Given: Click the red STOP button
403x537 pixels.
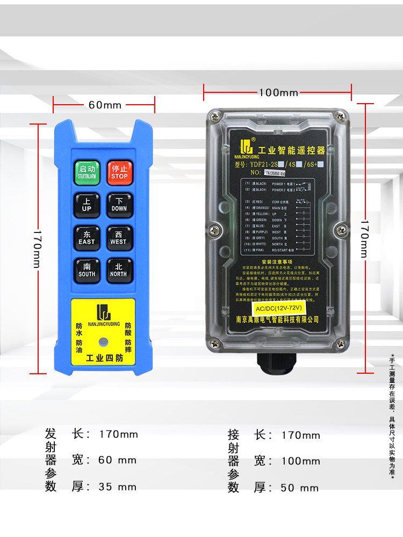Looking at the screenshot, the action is click(119, 171).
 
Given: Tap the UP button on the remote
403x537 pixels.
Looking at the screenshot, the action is click(87, 204).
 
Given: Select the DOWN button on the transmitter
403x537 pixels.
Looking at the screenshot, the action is click(119, 204).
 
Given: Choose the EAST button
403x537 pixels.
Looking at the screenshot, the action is click(87, 237).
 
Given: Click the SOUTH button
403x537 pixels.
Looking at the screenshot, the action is click(87, 270).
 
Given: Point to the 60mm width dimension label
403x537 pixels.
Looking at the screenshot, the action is click(105, 105).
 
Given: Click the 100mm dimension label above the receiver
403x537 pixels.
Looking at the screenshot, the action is click(278, 93).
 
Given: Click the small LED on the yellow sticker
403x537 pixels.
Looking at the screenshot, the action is click(103, 342).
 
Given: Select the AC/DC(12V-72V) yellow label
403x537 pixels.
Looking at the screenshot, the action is click(278, 308).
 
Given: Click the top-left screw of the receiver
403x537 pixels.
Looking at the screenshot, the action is click(215, 115).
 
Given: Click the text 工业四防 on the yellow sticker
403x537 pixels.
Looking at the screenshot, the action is click(104, 359).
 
